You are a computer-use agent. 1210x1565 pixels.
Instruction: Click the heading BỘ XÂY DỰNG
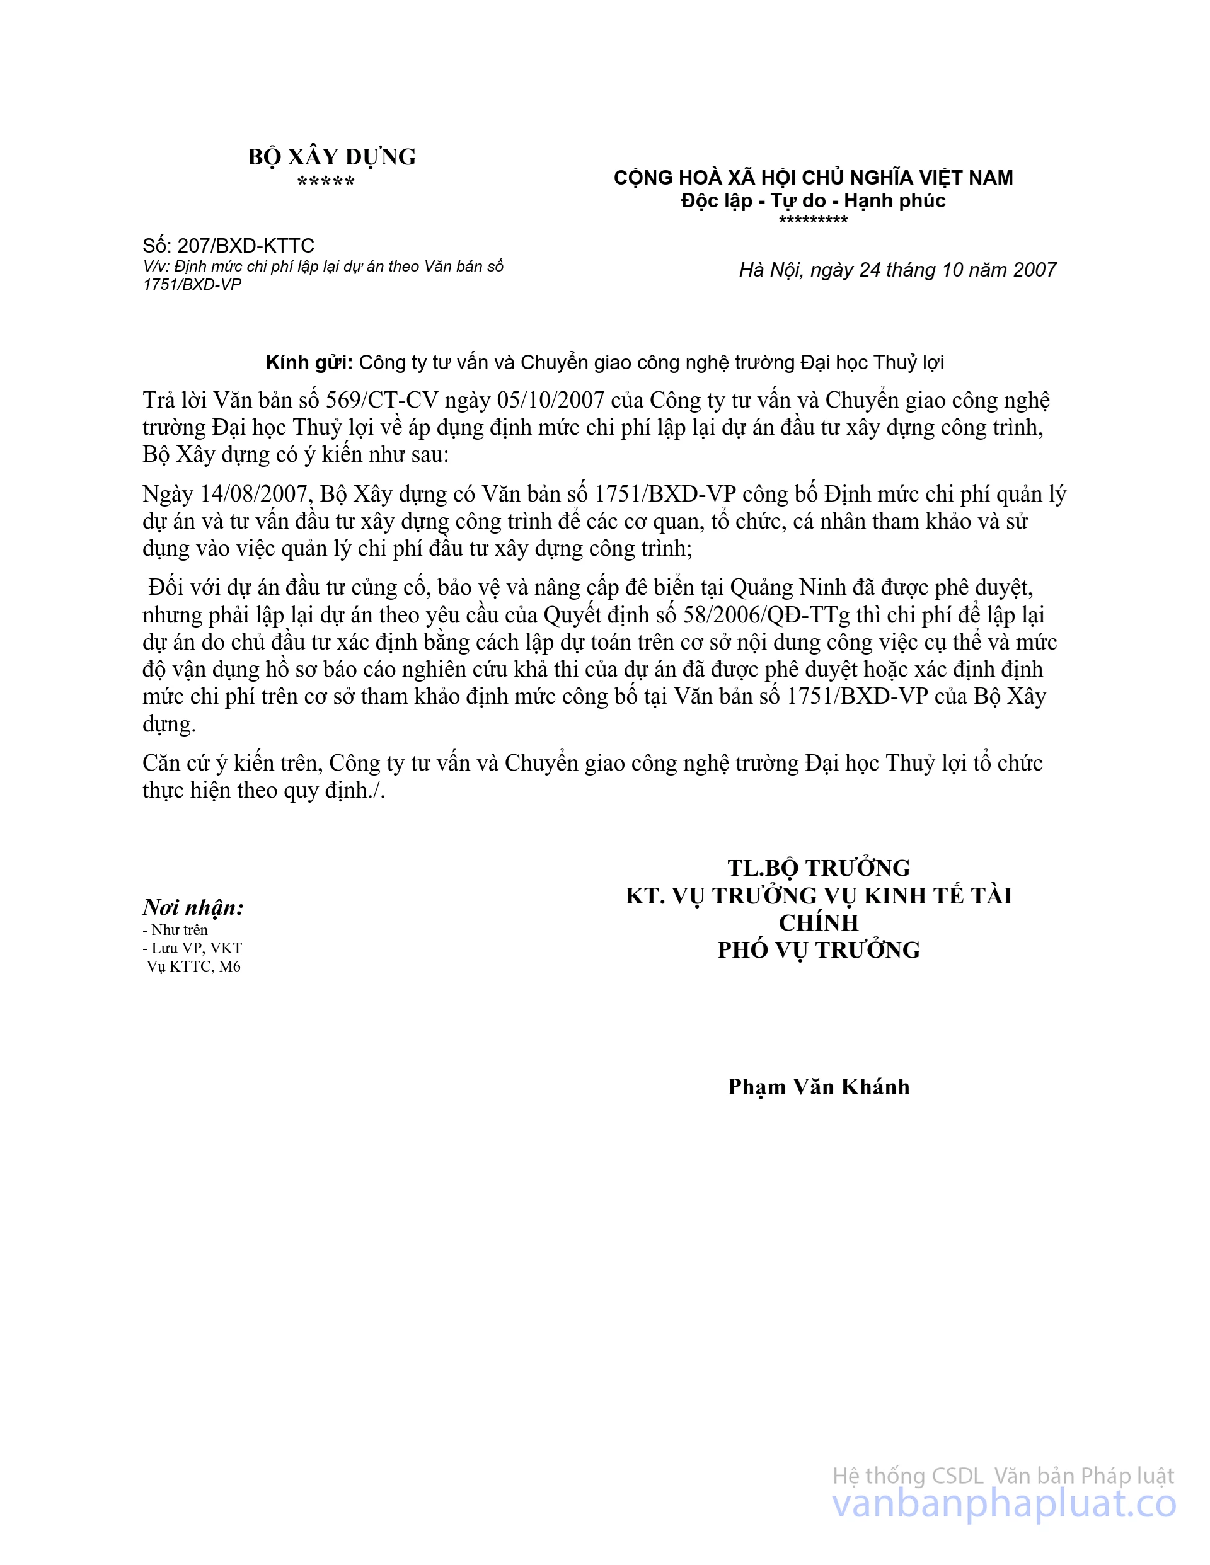click(x=332, y=157)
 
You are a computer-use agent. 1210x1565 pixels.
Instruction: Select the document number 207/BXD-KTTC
click(x=246, y=246)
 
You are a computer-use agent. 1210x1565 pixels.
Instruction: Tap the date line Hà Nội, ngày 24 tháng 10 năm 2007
click(x=897, y=270)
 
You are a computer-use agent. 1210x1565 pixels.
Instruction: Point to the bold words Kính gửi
click(x=309, y=363)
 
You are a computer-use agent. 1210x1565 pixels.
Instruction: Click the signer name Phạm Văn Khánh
click(x=819, y=1086)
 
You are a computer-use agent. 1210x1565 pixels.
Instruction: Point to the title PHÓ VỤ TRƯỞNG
click(x=819, y=949)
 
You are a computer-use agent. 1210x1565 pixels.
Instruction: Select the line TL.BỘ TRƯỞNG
click(x=819, y=868)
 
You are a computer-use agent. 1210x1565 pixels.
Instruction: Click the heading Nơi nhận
click(x=193, y=907)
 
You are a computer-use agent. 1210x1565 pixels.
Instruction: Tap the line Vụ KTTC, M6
click(x=193, y=966)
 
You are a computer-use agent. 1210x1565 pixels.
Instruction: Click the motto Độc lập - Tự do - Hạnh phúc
click(x=813, y=200)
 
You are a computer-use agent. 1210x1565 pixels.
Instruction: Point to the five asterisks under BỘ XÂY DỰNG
click(x=326, y=181)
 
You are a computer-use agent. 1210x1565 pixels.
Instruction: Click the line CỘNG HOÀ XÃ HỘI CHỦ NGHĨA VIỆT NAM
click(x=813, y=178)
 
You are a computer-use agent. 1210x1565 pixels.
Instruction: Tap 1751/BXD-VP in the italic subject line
click(x=192, y=285)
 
